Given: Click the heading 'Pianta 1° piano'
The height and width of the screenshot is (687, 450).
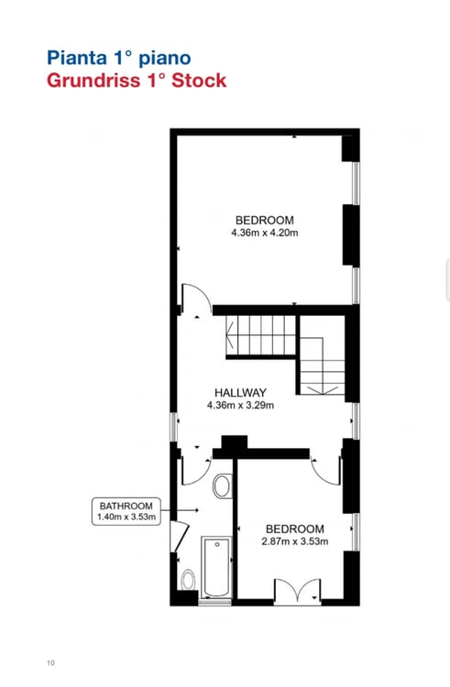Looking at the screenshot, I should [x=119, y=58].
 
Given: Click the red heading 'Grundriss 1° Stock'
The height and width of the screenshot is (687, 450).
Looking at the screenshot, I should [x=137, y=81].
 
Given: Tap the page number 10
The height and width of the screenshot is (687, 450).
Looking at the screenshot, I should [x=50, y=662].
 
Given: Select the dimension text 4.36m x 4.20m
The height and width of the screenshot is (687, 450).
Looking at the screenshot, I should [x=265, y=234].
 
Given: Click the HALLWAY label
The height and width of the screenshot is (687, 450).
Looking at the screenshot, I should [x=241, y=392].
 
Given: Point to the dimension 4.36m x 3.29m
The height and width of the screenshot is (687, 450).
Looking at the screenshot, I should [x=241, y=405].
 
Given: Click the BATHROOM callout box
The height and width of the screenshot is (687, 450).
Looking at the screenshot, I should [x=128, y=510].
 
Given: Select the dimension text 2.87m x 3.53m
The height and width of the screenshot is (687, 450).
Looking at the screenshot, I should [x=294, y=541].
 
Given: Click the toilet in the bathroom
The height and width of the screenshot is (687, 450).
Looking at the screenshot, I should [x=188, y=580].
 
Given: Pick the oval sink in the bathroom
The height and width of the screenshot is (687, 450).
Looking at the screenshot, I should [x=222, y=485].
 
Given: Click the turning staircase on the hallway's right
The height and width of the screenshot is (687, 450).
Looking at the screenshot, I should [x=323, y=365].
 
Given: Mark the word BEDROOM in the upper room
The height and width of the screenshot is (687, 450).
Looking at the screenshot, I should [x=264, y=220].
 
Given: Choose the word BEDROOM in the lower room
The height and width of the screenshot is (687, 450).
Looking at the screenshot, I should [x=294, y=529].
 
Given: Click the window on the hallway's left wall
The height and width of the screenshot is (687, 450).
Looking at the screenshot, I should [x=172, y=426].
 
